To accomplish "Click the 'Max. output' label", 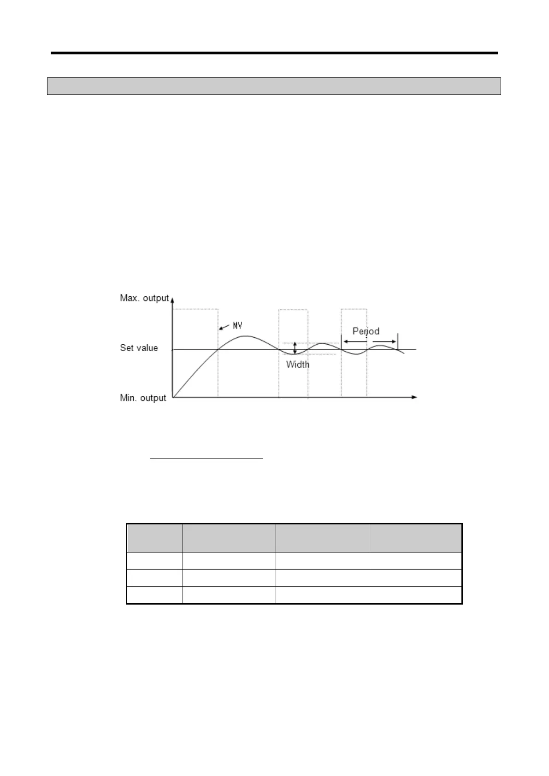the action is click(144, 298).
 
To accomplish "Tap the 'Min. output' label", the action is click(142, 398).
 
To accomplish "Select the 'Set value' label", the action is click(139, 348).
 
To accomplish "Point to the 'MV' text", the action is click(237, 326).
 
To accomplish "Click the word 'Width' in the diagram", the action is click(298, 364).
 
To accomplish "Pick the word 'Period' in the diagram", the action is click(366, 331).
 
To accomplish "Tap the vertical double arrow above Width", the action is click(295, 348).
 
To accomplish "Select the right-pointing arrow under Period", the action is click(384, 341).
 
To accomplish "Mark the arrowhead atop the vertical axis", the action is click(172, 299).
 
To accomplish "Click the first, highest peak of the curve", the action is click(244, 336).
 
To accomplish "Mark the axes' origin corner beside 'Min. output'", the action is click(172, 397).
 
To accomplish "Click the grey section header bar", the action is click(274, 86).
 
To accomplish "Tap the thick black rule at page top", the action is click(274, 53).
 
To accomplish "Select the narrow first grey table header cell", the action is click(154, 538).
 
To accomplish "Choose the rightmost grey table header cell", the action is click(415, 538).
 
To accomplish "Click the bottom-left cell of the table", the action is click(154, 595).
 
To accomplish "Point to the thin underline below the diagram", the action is click(207, 459).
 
